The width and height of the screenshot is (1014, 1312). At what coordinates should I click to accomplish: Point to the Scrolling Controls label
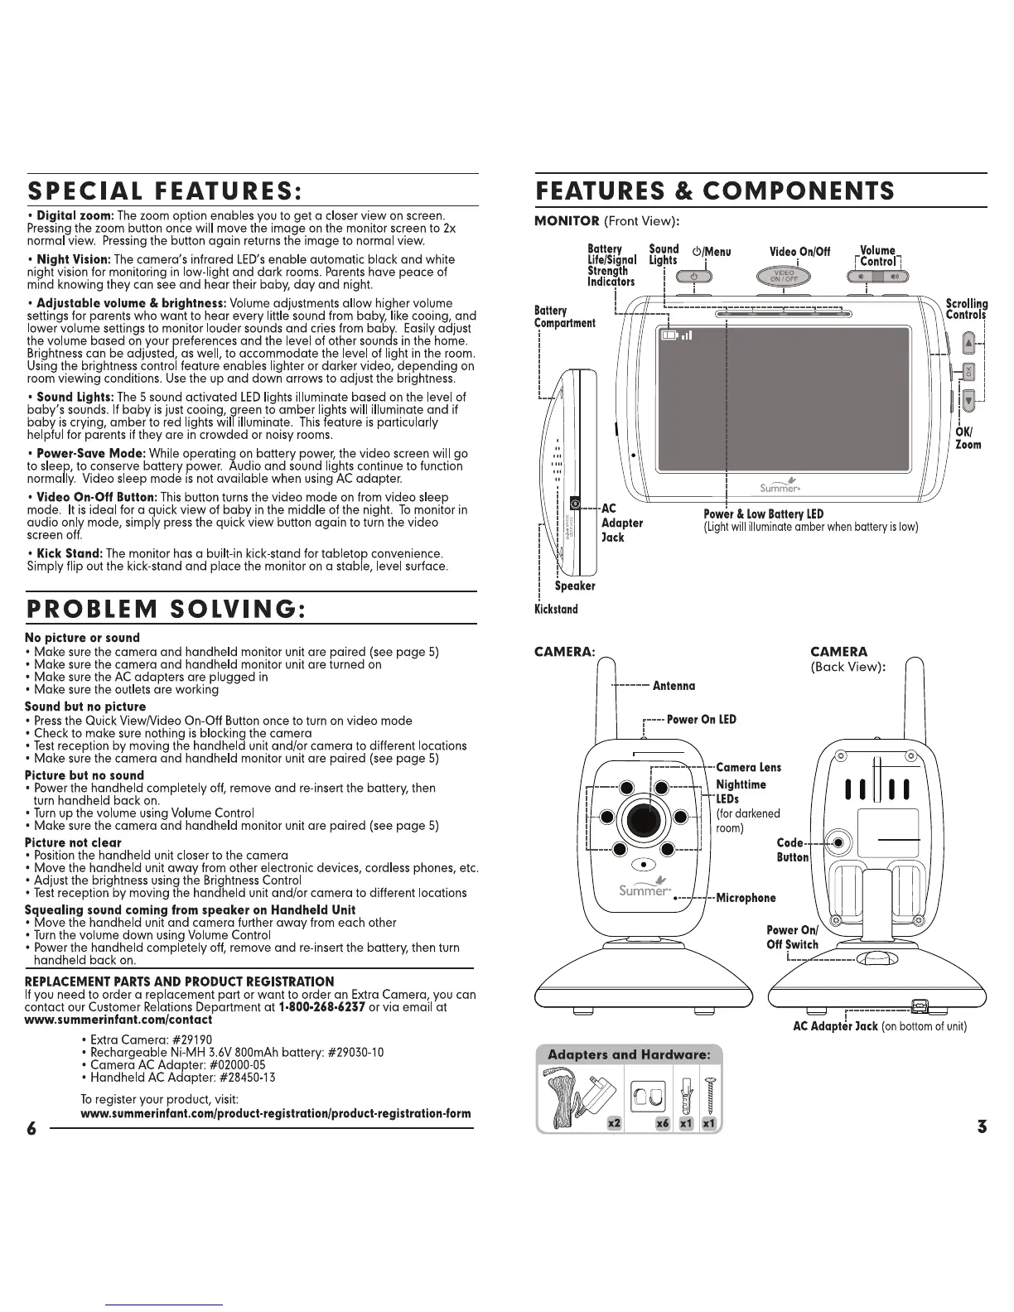[x=967, y=309]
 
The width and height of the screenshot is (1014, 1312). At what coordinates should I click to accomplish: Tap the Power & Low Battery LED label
[x=763, y=514]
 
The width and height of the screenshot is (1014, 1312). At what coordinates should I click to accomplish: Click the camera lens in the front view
[x=644, y=821]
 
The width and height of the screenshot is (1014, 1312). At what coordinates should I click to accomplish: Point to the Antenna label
[x=674, y=686]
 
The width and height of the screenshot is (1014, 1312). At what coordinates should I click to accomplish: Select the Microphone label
[x=746, y=898]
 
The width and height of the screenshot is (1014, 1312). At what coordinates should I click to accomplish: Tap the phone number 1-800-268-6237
[x=322, y=1007]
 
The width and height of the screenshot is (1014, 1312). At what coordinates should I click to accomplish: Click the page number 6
[x=31, y=1128]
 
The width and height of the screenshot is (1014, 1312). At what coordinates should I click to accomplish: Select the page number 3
[x=982, y=1126]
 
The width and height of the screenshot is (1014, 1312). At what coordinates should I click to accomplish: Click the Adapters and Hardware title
[x=630, y=1054]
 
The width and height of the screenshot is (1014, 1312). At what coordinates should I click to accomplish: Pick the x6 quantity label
[x=661, y=1123]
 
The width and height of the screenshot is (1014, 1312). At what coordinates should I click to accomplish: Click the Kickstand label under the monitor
[x=556, y=610]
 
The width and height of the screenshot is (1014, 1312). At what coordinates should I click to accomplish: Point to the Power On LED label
[x=701, y=719]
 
